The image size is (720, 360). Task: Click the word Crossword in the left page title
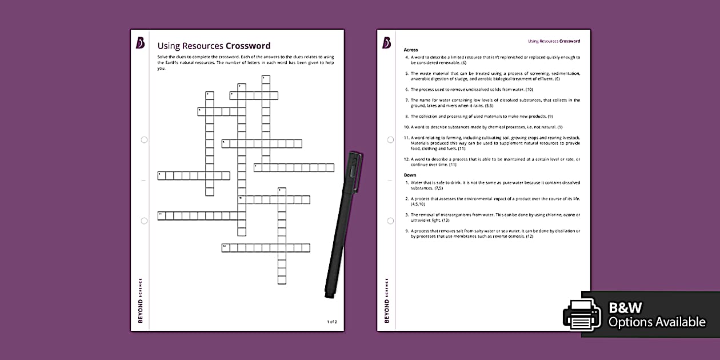(248, 46)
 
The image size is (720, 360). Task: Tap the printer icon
(582, 314)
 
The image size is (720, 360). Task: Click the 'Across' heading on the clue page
(411, 50)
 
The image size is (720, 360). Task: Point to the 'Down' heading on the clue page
(410, 175)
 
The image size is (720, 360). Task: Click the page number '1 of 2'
(332, 322)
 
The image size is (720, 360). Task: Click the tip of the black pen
(329, 295)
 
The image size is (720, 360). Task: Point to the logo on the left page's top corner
(141, 43)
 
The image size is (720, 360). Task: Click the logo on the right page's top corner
(387, 43)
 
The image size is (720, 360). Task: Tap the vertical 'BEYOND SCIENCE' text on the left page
(141, 300)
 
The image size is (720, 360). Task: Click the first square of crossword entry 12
(226, 248)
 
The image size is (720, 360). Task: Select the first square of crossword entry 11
(162, 216)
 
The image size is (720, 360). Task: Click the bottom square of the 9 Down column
(282, 280)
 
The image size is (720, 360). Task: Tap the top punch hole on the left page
(144, 139)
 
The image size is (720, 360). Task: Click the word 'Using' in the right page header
(533, 41)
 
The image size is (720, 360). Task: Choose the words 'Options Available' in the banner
(657, 322)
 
